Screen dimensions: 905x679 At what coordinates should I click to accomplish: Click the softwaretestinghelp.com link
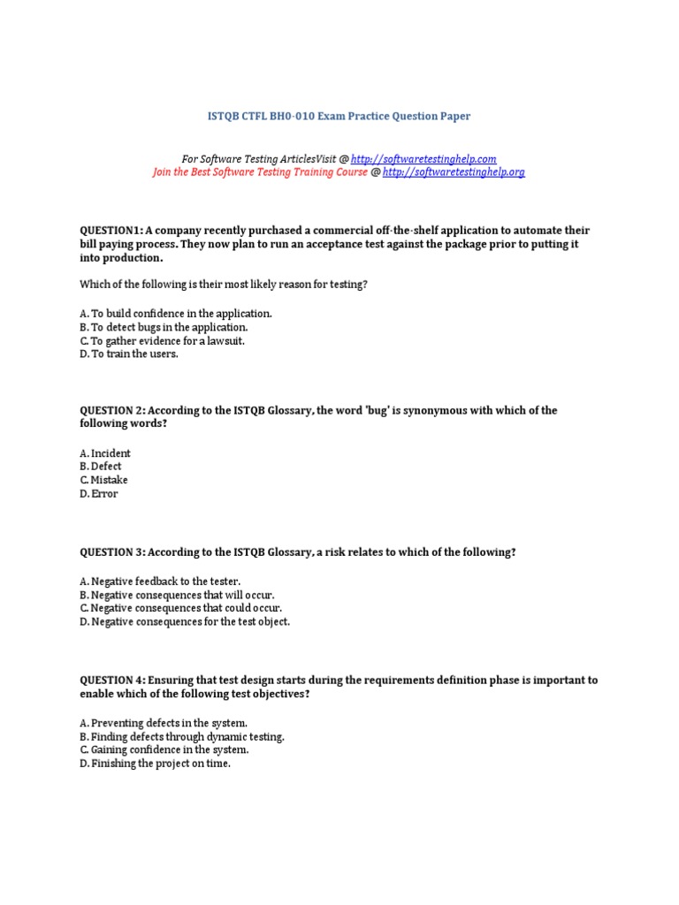pyautogui.click(x=423, y=158)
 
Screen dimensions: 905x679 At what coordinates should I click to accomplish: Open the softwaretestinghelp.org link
pyautogui.click(x=454, y=172)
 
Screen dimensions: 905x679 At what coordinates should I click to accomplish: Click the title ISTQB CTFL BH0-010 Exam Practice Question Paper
pyautogui.click(x=339, y=116)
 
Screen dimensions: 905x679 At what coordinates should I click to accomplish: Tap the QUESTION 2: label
pyautogui.click(x=112, y=410)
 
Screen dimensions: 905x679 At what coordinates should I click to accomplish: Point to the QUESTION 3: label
pyautogui.click(x=112, y=551)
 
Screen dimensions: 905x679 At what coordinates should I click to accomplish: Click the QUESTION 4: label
pyautogui.click(x=112, y=680)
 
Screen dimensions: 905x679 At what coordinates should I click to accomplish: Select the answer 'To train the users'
pyautogui.click(x=134, y=354)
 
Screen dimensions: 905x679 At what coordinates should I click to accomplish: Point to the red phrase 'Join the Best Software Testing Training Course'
pyautogui.click(x=260, y=172)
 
